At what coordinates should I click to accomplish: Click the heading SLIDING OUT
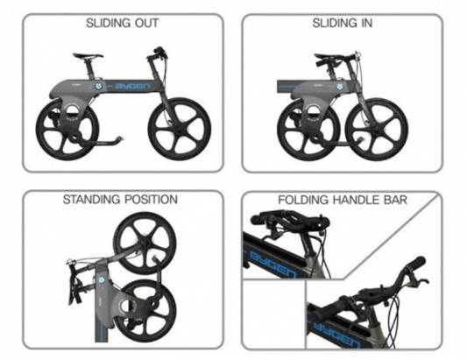[x=122, y=24]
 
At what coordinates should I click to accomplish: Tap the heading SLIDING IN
[x=343, y=24]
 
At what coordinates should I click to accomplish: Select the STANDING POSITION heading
[x=120, y=199]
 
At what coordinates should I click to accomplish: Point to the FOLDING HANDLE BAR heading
[x=343, y=200]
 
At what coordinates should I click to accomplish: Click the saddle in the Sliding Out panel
[x=88, y=55]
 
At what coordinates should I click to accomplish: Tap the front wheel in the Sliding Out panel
[x=180, y=129]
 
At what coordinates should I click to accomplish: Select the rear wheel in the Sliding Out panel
[x=67, y=130]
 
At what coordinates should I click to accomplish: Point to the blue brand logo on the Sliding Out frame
[x=133, y=87]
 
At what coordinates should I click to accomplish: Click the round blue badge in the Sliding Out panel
[x=98, y=86]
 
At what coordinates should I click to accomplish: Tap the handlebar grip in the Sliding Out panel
[x=159, y=49]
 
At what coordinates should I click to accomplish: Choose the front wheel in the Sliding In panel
[x=377, y=130]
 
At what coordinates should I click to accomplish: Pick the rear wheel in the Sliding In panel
[x=308, y=130]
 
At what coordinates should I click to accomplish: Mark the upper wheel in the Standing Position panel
[x=145, y=244]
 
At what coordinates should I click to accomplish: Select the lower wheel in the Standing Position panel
[x=148, y=311]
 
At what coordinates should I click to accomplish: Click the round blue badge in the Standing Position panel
[x=102, y=280]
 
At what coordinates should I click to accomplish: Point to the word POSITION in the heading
[x=151, y=199]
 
